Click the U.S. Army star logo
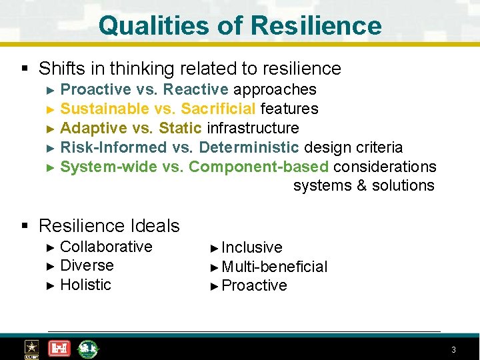click(x=31, y=349)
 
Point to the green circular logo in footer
click(x=87, y=348)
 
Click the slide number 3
click(x=453, y=350)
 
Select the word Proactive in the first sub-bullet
click(x=95, y=89)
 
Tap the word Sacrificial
click(x=218, y=109)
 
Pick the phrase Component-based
click(x=259, y=167)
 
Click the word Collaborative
click(x=106, y=247)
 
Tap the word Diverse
click(x=87, y=265)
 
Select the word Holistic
click(x=85, y=285)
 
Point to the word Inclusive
click(x=252, y=247)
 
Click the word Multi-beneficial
click(x=275, y=267)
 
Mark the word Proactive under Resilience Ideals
click(x=254, y=286)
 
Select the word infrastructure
click(x=253, y=128)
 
